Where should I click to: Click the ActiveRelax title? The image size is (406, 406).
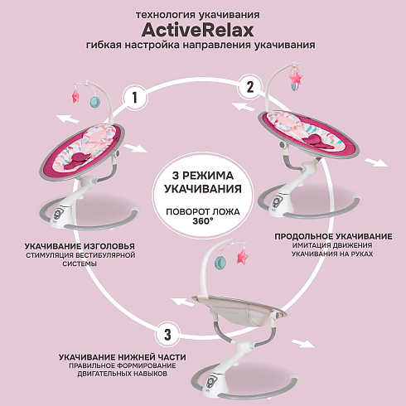[197, 30]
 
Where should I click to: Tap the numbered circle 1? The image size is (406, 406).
[135, 98]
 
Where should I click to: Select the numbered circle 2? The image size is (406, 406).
[250, 87]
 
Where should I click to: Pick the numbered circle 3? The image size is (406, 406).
[167, 334]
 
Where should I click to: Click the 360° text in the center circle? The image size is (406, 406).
[203, 221]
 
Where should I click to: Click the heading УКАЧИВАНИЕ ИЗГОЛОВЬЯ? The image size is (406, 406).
[80, 246]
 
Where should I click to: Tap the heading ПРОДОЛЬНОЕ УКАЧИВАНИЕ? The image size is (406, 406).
[333, 236]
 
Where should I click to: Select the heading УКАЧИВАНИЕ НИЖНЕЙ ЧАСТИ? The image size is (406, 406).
[123, 357]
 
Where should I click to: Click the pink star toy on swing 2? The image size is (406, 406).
[296, 77]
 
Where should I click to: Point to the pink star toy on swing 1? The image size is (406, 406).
[75, 96]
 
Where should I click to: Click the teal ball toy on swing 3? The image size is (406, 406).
[221, 263]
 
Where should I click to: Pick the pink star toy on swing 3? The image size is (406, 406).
[242, 257]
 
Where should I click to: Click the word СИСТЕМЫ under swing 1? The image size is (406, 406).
[80, 264]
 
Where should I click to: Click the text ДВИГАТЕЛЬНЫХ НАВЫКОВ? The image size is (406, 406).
[122, 374]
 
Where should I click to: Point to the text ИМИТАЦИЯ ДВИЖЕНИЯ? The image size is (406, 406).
[332, 245]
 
